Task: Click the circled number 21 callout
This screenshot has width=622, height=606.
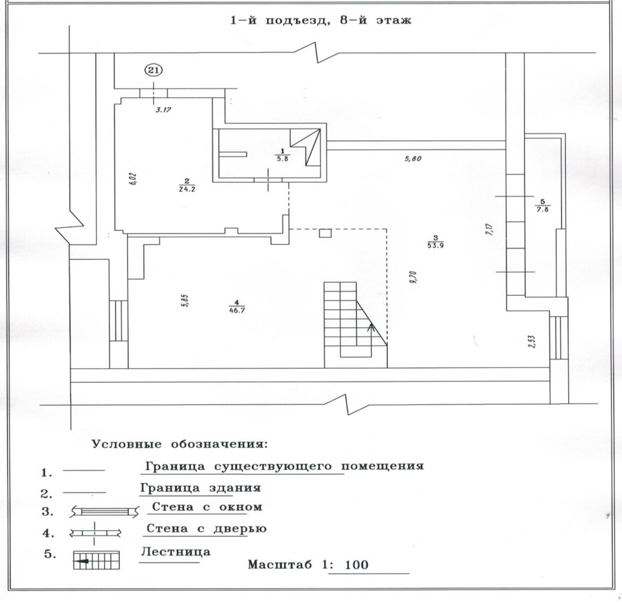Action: point(154,70)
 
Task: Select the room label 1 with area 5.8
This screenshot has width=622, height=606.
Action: point(282,155)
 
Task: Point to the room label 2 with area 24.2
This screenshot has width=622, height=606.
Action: point(187,184)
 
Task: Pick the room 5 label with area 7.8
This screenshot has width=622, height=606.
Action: point(542,205)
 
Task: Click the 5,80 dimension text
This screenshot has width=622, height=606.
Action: point(413,158)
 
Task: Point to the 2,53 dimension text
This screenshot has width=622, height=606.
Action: point(532,340)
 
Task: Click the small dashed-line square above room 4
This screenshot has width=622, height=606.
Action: point(325,233)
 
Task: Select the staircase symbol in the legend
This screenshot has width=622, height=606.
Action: point(96,560)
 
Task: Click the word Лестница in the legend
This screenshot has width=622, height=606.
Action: point(175,552)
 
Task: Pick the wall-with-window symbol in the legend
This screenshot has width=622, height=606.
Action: point(104,511)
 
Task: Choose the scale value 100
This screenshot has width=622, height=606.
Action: point(356,565)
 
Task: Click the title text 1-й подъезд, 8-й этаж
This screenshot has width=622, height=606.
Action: point(321,21)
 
